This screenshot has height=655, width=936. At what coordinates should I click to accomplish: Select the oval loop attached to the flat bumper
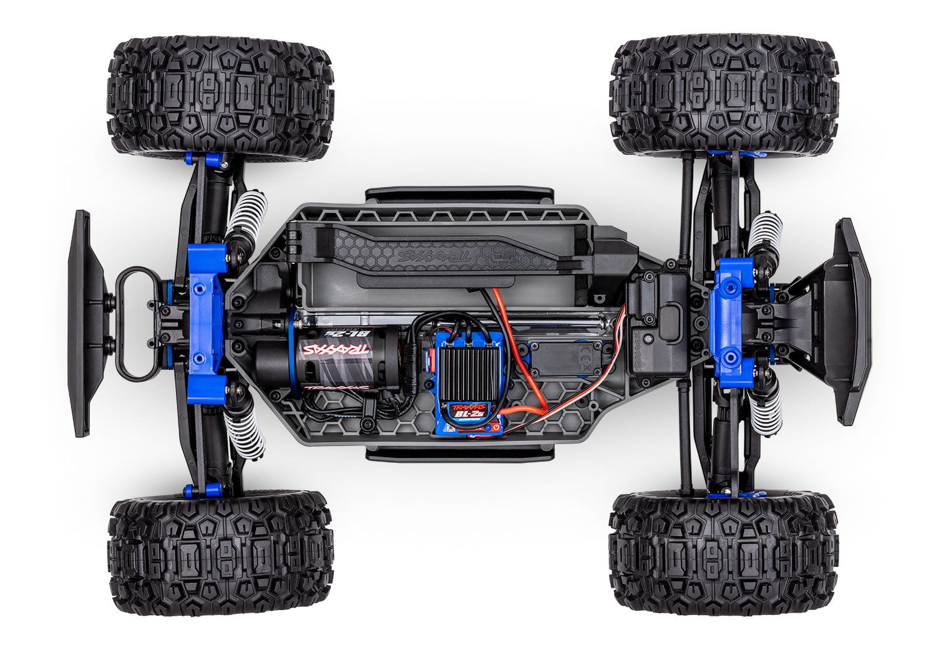point(134,324)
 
